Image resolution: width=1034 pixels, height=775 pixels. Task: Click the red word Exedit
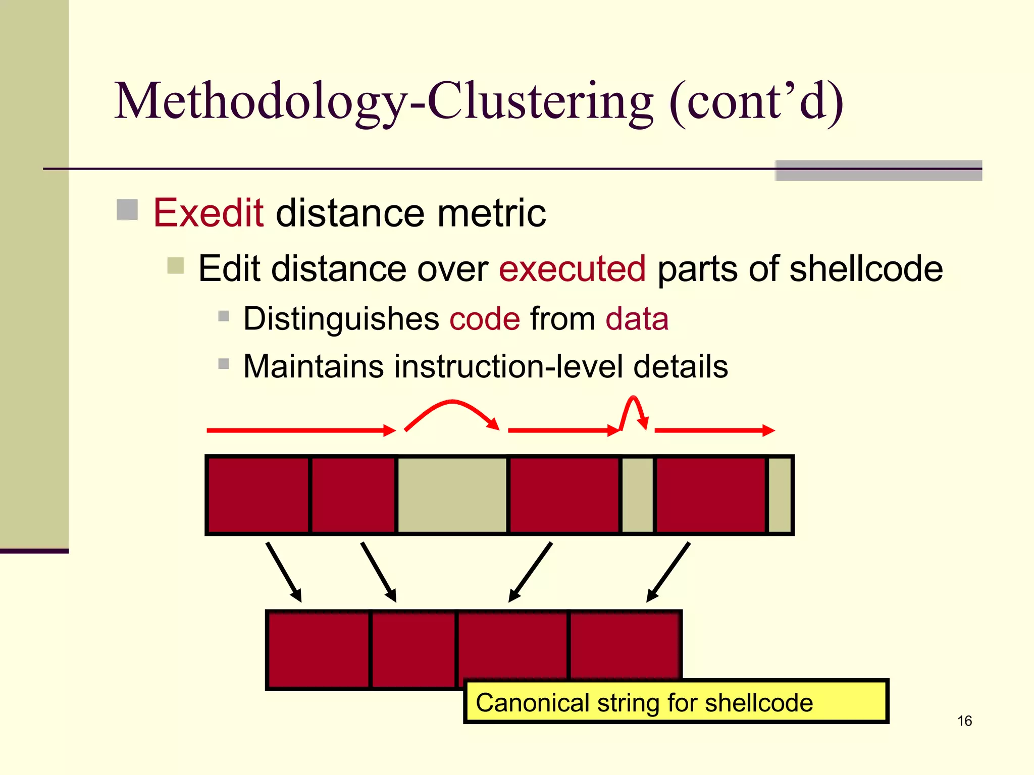click(208, 213)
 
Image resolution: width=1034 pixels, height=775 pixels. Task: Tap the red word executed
click(572, 268)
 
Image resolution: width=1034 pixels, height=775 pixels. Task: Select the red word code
click(484, 319)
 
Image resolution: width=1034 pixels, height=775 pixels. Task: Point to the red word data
click(637, 319)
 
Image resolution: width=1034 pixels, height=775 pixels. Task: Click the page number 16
click(964, 721)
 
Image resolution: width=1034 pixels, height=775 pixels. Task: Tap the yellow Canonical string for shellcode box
click(676, 702)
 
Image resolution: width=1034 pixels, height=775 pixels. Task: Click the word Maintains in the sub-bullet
click(313, 366)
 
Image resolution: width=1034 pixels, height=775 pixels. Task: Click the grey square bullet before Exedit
click(127, 210)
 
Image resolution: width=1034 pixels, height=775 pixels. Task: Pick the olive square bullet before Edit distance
click(176, 266)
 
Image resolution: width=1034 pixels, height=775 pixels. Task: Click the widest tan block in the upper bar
click(452, 494)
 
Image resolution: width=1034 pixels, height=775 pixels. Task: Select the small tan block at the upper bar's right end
click(779, 494)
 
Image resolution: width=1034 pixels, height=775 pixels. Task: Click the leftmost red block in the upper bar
click(258, 494)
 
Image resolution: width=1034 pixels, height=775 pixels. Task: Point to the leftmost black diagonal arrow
click(283, 571)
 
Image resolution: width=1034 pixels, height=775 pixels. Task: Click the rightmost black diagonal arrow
click(668, 571)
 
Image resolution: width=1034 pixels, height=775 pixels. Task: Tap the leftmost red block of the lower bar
click(318, 649)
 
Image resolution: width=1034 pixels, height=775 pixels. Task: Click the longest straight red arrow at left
click(300, 430)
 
